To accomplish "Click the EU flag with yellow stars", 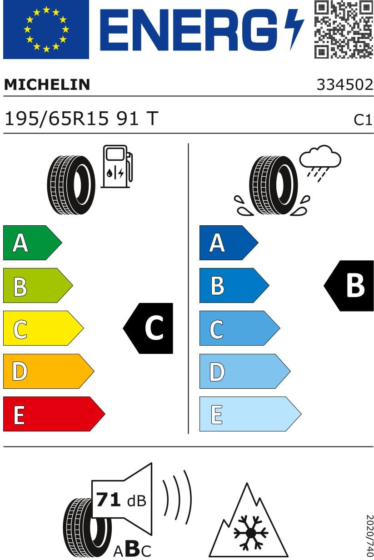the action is [x=46, y=30].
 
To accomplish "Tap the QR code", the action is [x=344, y=30].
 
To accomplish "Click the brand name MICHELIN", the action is [x=47, y=84].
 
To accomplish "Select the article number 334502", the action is [x=344, y=85].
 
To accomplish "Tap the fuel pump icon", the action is [x=117, y=166].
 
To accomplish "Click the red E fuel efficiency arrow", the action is [x=53, y=414].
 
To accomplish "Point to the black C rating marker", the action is [x=149, y=328].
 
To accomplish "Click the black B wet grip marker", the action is [x=350, y=286].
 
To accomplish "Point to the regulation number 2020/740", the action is [x=369, y=536].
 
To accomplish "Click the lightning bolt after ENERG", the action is [x=294, y=29].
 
